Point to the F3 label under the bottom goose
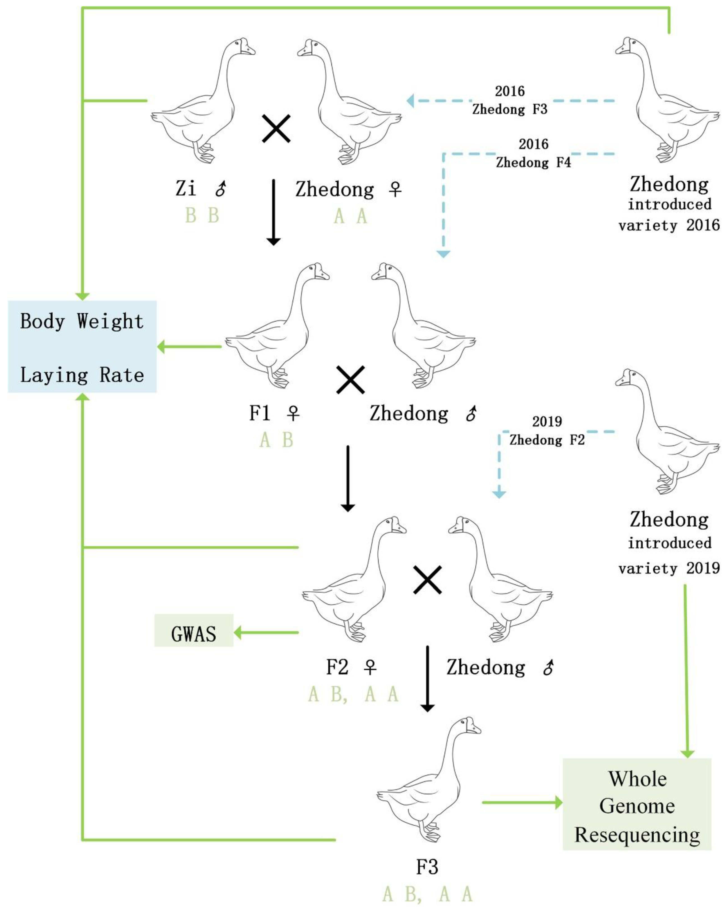[427, 867]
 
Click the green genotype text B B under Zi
[202, 216]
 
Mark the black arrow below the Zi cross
[274, 212]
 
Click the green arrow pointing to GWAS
[266, 632]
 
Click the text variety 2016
[669, 226]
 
